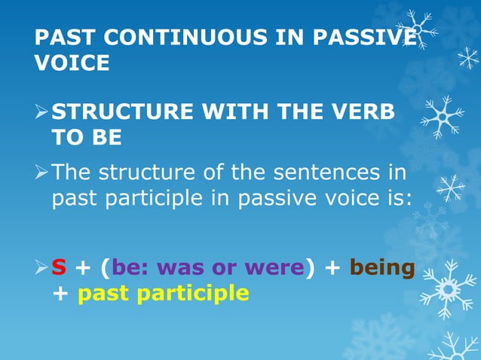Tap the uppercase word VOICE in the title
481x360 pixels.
tap(72, 63)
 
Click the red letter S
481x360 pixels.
tap(59, 267)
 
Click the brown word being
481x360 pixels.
tap(382, 267)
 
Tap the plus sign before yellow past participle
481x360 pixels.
tap(60, 292)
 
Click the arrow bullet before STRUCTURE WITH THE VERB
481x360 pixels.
tap(42, 114)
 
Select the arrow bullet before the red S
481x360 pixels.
tap(42, 267)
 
